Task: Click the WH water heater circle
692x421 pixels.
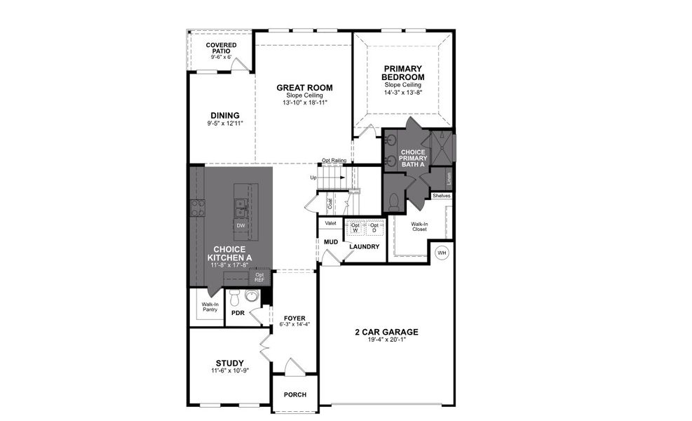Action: click(x=442, y=253)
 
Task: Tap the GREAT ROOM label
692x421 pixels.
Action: click(x=304, y=88)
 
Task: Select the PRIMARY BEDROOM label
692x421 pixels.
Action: click(x=403, y=72)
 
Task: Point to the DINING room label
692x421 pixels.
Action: click(x=225, y=116)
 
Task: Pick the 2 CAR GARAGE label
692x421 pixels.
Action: click(x=386, y=332)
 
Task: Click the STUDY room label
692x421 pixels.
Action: click(x=230, y=363)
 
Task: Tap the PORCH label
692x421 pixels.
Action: click(x=294, y=394)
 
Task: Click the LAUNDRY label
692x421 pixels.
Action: click(x=364, y=246)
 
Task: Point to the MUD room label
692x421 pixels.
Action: click(x=331, y=242)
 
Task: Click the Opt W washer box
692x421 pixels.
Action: click(x=355, y=228)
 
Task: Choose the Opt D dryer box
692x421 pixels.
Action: click(x=374, y=228)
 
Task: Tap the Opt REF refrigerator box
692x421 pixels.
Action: click(x=259, y=277)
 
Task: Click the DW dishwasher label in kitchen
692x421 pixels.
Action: click(x=240, y=225)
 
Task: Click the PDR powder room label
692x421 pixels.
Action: click(x=237, y=312)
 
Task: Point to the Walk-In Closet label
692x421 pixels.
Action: click(x=419, y=227)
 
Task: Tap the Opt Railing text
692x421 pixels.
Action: click(x=334, y=161)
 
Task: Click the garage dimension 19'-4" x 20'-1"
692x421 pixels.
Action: click(x=386, y=340)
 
